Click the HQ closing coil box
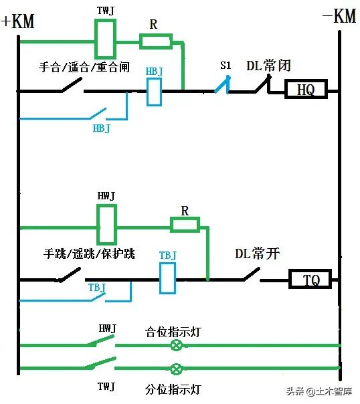[x=306, y=90]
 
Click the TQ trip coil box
[x=310, y=279]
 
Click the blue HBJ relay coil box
[x=155, y=91]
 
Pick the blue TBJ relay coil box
[x=167, y=278]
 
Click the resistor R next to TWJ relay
[x=155, y=41]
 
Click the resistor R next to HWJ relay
[x=185, y=224]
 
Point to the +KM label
[x=17, y=21]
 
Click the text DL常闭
[x=269, y=66]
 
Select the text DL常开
[x=257, y=254]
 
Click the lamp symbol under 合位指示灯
[x=177, y=345]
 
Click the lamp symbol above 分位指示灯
[x=177, y=369]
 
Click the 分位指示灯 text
[x=173, y=389]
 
